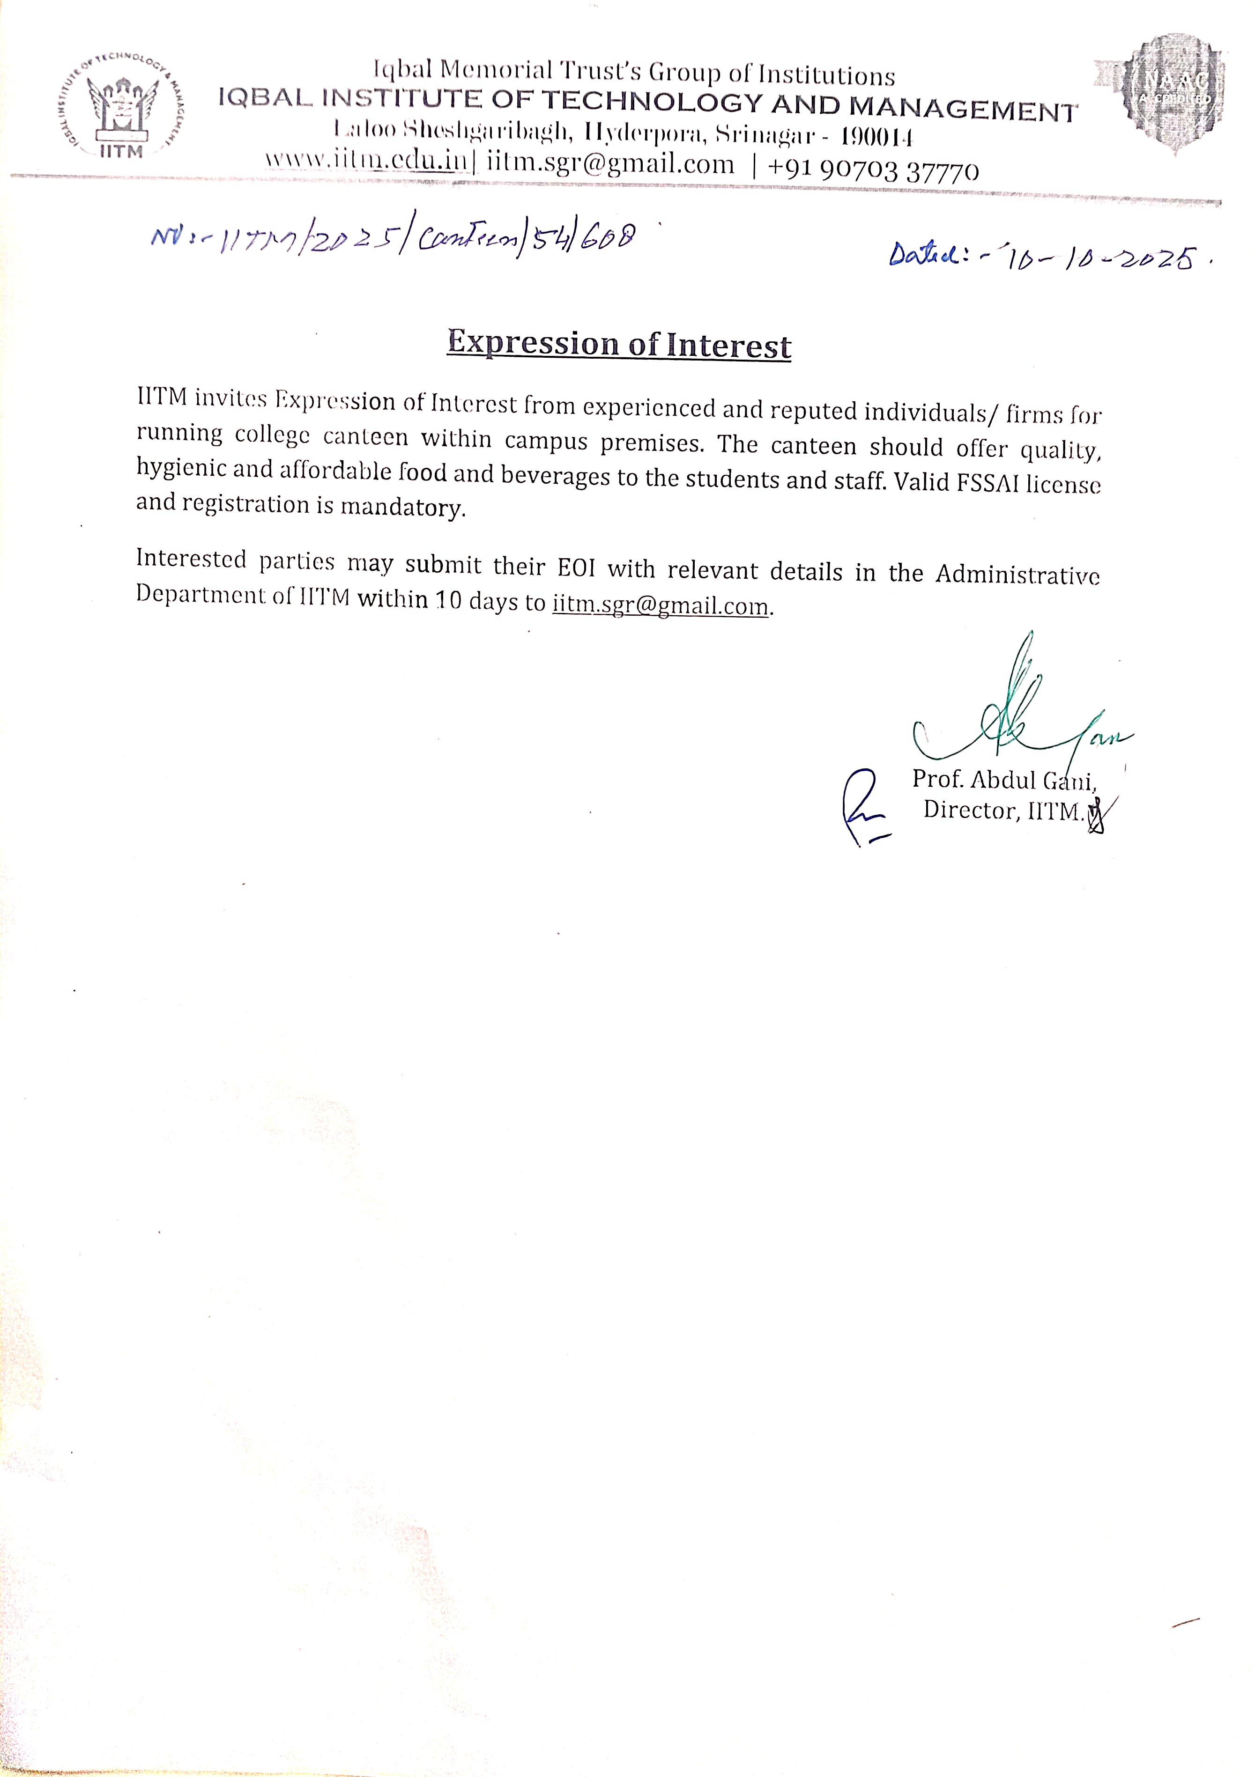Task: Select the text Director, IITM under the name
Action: (1003, 811)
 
